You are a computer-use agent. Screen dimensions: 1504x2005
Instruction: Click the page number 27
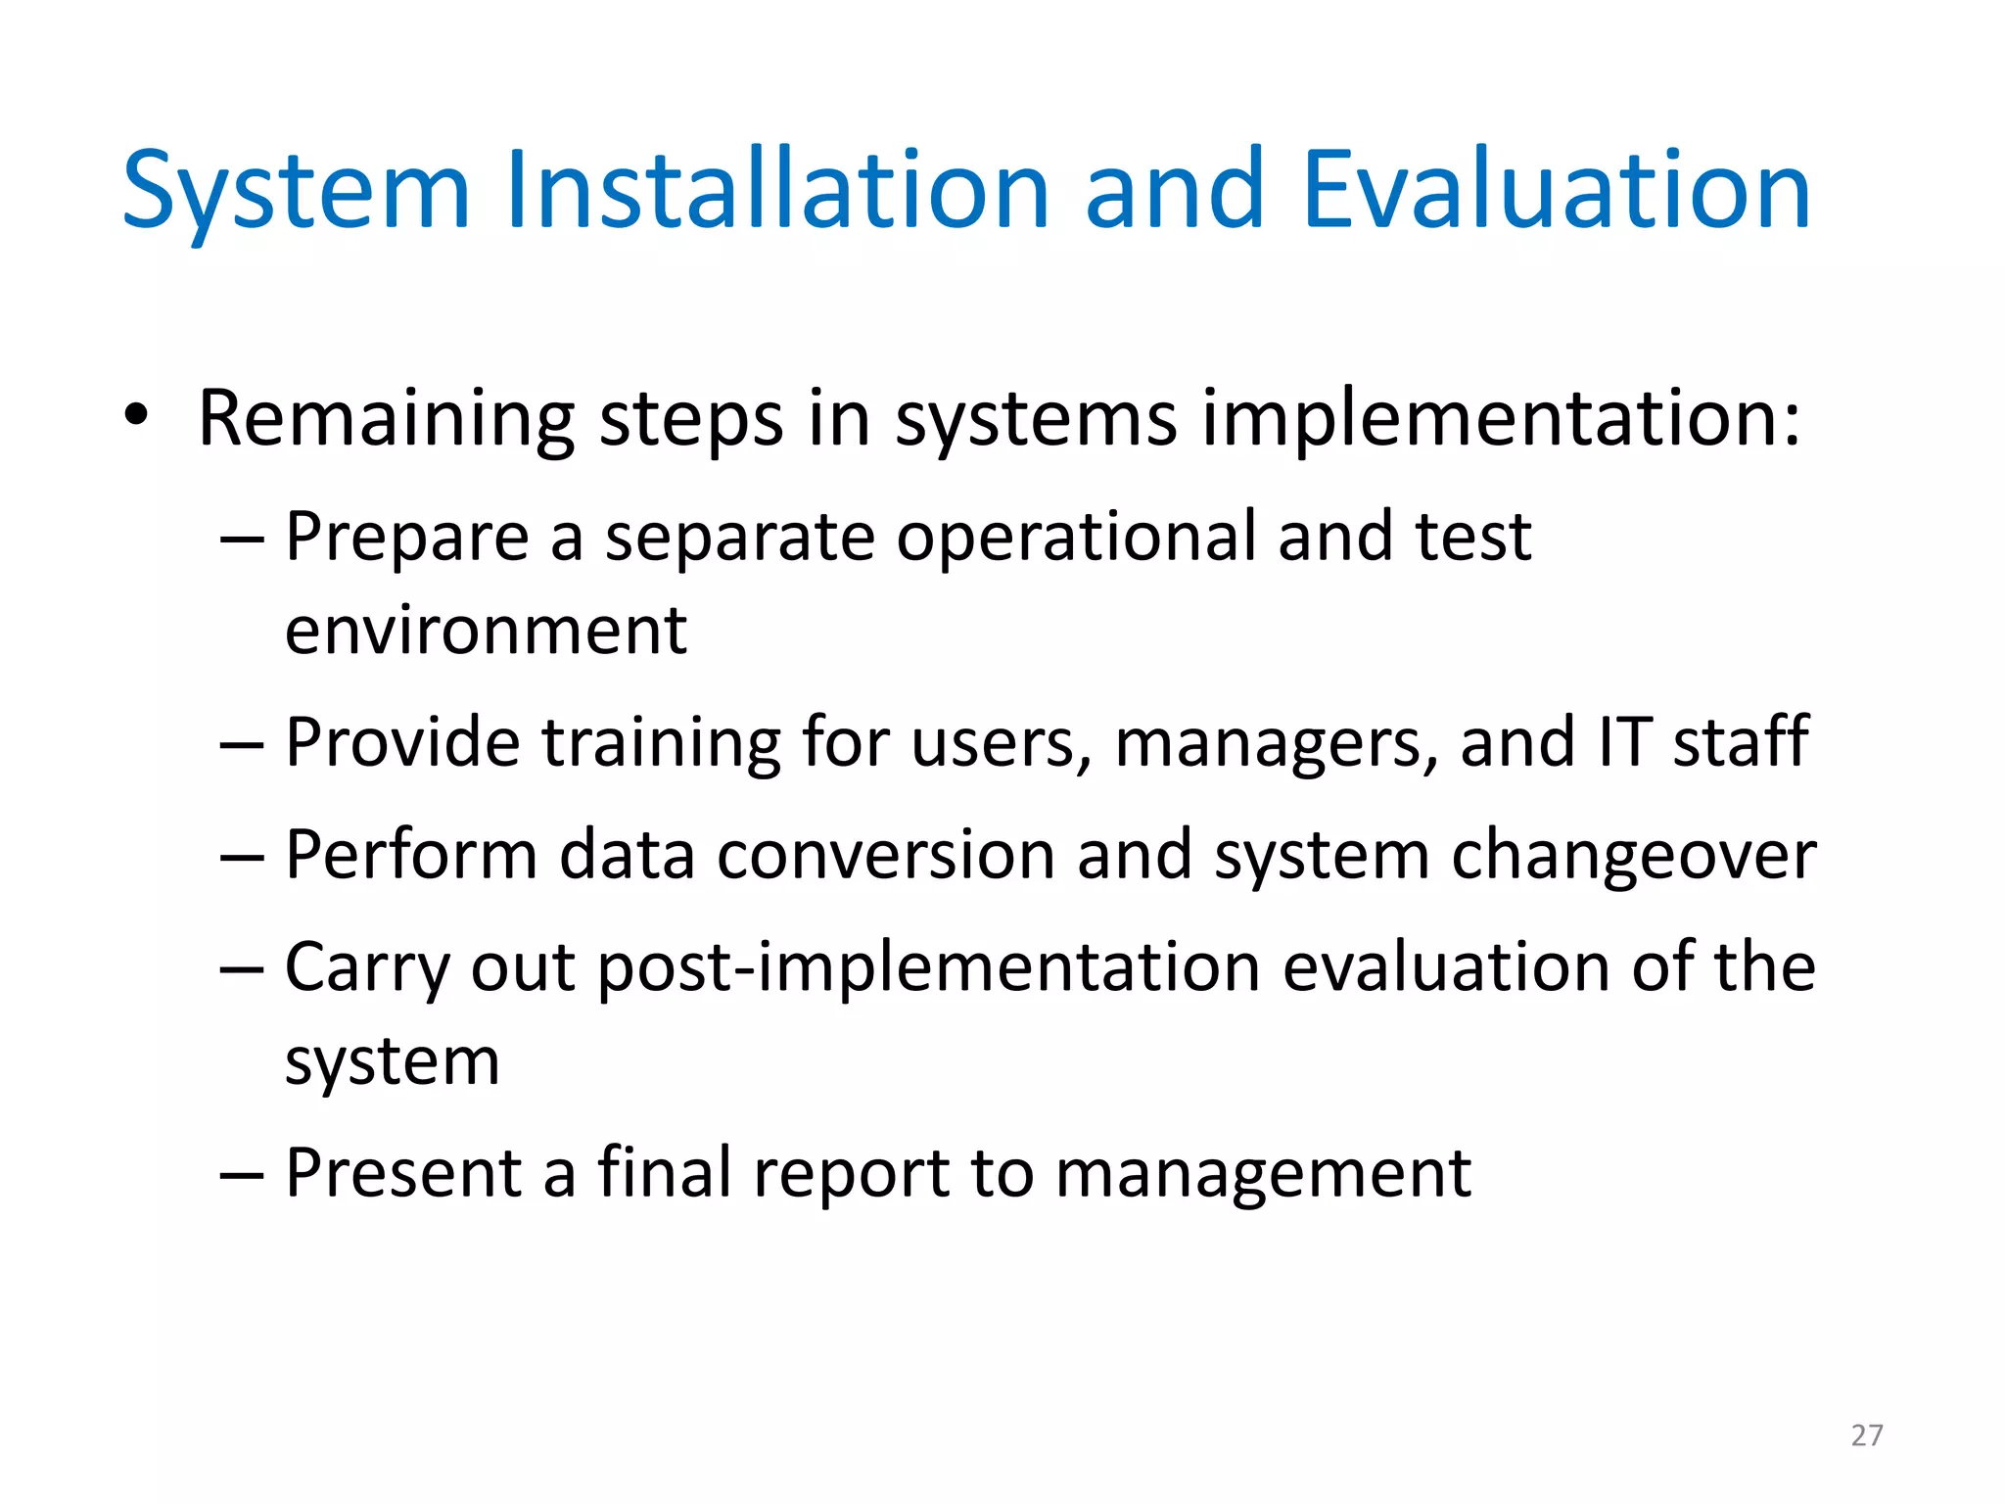(1867, 1435)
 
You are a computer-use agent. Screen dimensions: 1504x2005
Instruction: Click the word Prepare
(406, 539)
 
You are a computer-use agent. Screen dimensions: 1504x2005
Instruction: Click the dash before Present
(242, 1174)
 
